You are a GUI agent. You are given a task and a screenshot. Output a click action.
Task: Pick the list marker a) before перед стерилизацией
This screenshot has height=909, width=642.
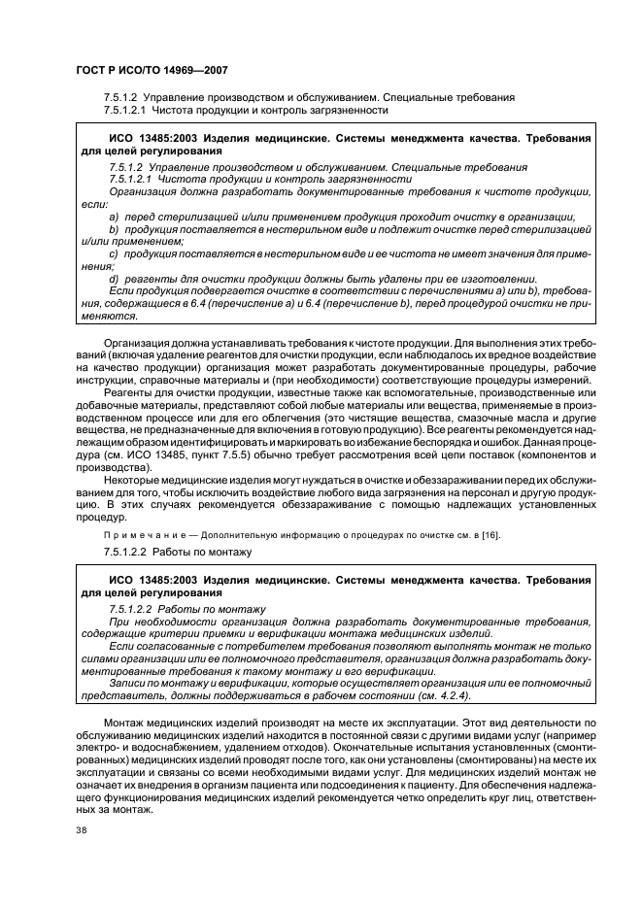pyautogui.click(x=113, y=217)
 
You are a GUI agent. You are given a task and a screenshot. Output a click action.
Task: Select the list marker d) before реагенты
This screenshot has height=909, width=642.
pyautogui.click(x=113, y=279)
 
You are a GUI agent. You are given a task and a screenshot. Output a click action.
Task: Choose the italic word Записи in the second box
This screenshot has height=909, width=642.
pyautogui.click(x=129, y=683)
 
